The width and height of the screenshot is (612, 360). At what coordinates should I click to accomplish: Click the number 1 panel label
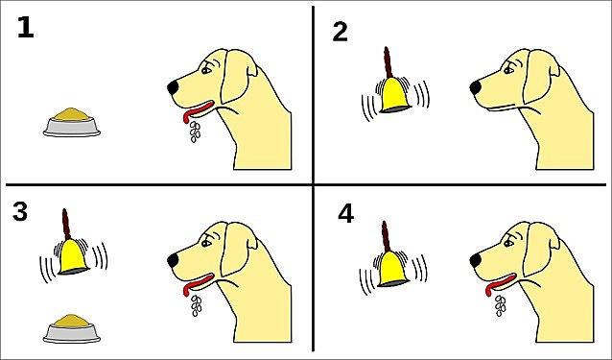click(26, 28)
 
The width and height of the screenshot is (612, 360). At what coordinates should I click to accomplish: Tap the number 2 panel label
click(340, 32)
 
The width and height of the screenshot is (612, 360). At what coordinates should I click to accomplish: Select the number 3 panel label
click(20, 211)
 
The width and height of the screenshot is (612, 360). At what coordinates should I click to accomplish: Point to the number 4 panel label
click(346, 214)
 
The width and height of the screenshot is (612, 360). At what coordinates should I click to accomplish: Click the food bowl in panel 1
click(72, 123)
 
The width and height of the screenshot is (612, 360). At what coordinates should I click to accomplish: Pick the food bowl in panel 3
click(72, 328)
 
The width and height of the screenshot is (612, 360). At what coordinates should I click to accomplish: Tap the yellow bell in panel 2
click(395, 95)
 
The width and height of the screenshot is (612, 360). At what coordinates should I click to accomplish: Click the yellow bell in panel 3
click(73, 256)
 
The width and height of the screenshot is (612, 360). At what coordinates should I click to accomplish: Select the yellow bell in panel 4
click(393, 269)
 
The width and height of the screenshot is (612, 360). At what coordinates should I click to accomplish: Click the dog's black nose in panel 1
click(173, 87)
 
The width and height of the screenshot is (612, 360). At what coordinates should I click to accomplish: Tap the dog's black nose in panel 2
click(476, 87)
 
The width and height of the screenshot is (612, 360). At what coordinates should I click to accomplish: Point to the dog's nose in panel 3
click(173, 260)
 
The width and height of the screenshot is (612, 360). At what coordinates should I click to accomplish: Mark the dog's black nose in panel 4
click(476, 260)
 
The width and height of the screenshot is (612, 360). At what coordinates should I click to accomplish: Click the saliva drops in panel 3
click(196, 305)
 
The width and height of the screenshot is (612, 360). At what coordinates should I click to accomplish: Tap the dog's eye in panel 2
click(508, 71)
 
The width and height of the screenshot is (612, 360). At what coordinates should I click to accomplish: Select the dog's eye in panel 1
click(205, 71)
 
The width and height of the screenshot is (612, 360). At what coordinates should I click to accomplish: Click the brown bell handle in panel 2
click(388, 62)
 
